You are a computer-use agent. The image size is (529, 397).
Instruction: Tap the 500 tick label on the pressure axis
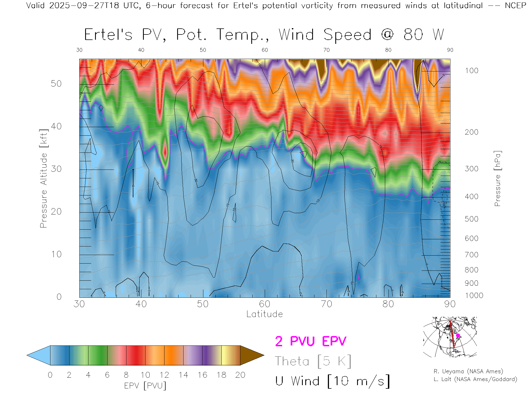coord(471,219)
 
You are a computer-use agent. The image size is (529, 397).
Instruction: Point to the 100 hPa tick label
coord(471,71)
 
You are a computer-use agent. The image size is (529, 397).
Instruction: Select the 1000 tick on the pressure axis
coord(474,296)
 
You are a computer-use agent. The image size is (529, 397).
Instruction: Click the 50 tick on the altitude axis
coord(56,84)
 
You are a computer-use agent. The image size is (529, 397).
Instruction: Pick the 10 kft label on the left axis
coord(56,254)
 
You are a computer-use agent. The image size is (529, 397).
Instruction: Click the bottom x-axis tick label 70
coord(326,304)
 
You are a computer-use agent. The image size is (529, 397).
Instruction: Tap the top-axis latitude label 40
coord(141,50)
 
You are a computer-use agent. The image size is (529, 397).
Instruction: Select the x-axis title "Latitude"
coord(264,314)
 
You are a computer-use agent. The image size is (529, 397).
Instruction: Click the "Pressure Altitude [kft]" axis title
coord(44,178)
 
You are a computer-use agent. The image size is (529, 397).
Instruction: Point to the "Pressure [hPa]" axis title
coord(497,178)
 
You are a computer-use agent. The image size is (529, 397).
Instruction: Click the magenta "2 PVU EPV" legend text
coord(311,341)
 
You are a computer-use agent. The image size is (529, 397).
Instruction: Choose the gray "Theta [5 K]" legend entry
coord(313,361)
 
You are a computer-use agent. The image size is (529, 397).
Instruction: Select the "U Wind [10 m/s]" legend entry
coord(332,381)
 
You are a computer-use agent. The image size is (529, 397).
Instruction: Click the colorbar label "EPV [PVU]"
coord(145,386)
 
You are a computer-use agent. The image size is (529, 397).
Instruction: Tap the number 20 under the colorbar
coord(240,375)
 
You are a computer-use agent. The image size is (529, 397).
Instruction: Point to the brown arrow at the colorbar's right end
coord(251,355)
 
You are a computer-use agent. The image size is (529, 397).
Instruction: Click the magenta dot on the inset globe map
coord(458,336)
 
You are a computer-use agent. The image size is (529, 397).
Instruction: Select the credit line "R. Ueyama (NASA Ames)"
coord(468,371)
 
